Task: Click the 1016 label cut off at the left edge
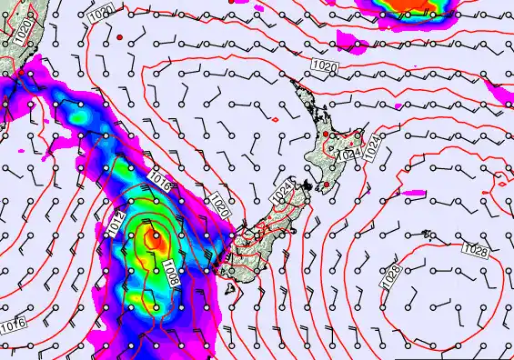coord(12,325)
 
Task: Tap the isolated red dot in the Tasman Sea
coord(119,36)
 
